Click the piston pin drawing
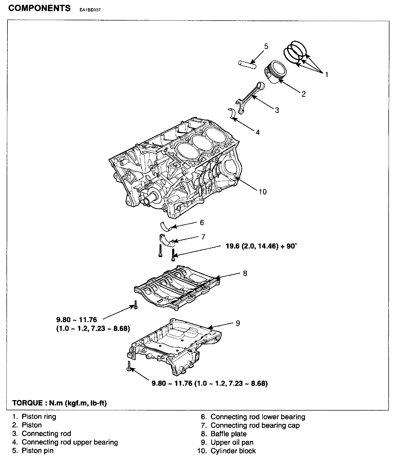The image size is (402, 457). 247,64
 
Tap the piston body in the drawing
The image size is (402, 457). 275,72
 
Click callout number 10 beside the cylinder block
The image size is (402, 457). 262,192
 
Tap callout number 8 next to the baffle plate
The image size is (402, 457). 245,273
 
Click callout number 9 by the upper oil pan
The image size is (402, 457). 238,323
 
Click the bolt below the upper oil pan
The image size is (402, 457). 129,366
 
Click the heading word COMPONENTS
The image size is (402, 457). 39,8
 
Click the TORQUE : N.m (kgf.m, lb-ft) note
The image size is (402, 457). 59,403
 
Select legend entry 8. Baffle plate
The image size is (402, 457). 224,434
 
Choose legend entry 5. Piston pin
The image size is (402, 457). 33,451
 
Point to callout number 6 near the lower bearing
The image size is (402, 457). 202,222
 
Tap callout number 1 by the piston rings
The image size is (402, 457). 326,74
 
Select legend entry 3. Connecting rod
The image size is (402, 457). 42,434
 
